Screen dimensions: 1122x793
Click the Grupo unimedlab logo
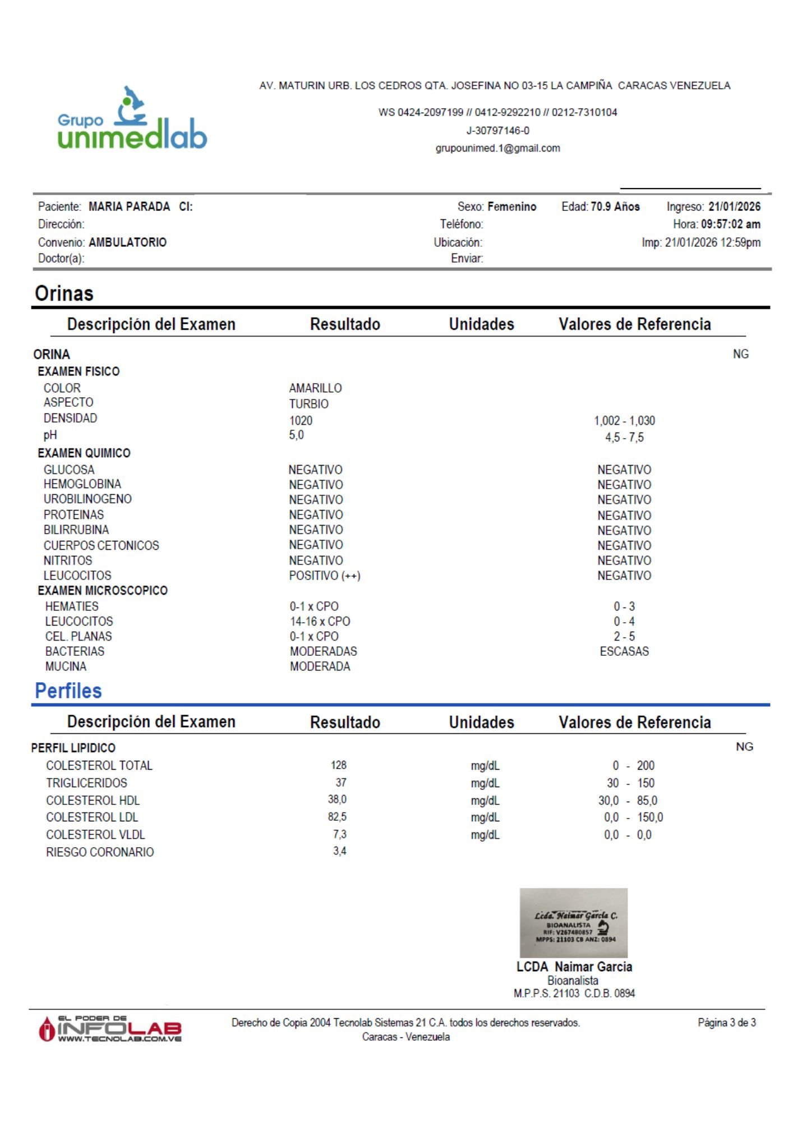click(132, 119)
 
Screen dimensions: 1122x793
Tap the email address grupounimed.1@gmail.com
click(497, 148)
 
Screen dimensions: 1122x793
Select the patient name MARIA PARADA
click(129, 206)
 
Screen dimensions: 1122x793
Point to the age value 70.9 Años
click(615, 206)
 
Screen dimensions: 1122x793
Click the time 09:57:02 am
click(730, 224)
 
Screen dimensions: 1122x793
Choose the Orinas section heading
click(64, 293)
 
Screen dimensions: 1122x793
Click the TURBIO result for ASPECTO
click(308, 403)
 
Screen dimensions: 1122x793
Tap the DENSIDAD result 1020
click(301, 420)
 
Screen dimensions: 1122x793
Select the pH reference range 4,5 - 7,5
click(624, 438)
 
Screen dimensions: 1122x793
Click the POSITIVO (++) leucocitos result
click(324, 576)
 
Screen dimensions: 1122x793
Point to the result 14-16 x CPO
click(320, 622)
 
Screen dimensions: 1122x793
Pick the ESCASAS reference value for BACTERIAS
click(624, 651)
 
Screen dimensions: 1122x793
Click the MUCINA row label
click(66, 666)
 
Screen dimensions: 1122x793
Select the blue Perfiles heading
click(68, 691)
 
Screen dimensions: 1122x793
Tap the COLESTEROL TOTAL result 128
click(338, 765)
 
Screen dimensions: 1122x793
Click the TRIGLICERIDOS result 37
click(341, 783)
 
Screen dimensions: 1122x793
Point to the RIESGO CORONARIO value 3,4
click(339, 851)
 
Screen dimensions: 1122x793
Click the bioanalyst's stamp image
click(573, 923)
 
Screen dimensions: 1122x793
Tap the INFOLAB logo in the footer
click(110, 1028)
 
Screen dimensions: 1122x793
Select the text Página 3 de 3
click(726, 1023)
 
